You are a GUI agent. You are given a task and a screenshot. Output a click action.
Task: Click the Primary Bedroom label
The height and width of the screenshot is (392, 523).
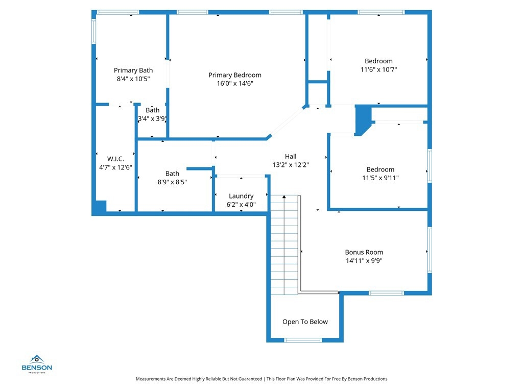click(x=235, y=75)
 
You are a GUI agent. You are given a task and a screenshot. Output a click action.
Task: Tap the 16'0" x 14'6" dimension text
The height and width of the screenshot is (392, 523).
click(x=235, y=83)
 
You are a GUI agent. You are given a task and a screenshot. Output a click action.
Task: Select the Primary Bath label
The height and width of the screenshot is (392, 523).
click(x=133, y=70)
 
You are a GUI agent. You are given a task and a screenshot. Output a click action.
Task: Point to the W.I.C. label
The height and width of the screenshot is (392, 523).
click(x=115, y=159)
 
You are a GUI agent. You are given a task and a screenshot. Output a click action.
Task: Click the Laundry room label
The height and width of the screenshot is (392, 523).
click(x=241, y=196)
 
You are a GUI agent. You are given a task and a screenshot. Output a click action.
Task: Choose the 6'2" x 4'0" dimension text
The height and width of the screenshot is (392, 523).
click(x=241, y=204)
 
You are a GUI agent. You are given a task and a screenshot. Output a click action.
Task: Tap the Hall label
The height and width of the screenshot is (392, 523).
click(x=291, y=156)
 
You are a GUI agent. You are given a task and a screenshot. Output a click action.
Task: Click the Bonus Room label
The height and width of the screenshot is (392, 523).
click(x=364, y=252)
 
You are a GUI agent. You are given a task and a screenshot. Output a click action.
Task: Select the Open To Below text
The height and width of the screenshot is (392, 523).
click(x=305, y=322)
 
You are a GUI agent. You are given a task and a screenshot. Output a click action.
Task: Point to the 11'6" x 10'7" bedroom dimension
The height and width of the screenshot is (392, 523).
click(x=378, y=69)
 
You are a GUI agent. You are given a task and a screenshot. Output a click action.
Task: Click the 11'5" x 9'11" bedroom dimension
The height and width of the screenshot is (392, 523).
click(x=380, y=178)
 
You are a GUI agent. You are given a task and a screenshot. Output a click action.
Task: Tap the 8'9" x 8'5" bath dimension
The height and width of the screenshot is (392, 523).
click(x=172, y=182)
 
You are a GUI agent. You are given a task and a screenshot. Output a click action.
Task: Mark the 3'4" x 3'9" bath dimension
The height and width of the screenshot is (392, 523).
click(x=152, y=118)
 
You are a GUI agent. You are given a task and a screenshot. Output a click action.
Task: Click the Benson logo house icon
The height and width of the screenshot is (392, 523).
click(x=37, y=359)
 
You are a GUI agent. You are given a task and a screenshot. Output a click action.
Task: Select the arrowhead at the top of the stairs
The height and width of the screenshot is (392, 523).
click(x=284, y=197)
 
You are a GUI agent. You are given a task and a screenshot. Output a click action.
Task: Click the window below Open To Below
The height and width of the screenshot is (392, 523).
click(x=303, y=340)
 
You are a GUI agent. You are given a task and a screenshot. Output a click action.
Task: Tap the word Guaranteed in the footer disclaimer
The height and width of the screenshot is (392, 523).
click(x=250, y=379)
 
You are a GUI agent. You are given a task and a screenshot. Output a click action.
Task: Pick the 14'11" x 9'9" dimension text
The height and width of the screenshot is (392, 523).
click(x=364, y=261)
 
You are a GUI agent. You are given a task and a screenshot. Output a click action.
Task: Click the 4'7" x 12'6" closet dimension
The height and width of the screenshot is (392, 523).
click(x=115, y=167)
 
